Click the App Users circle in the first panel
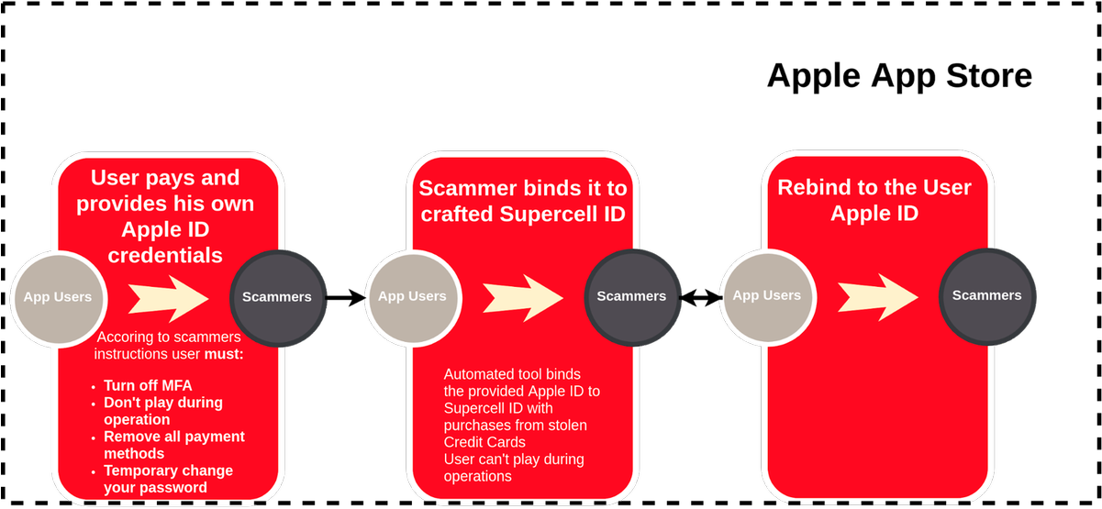coord(58,297)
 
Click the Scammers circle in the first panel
coord(276,297)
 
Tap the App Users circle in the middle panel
coord(412,296)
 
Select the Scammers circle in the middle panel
coord(631,296)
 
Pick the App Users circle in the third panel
coord(767,295)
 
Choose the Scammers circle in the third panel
coord(986,295)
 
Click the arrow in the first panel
coord(169,297)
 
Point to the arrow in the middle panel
coord(523,296)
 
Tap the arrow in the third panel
coord(878,295)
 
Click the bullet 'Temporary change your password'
coord(168,479)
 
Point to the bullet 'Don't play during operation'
coord(162,411)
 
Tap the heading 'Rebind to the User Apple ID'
coord(874,200)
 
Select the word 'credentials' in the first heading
coord(165,255)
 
